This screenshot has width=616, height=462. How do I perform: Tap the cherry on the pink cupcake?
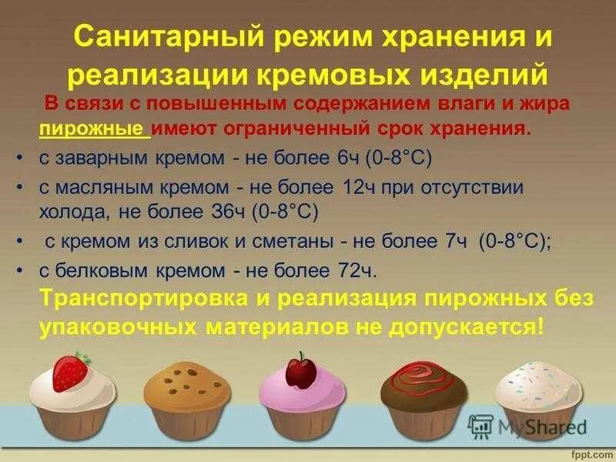pos(296,371)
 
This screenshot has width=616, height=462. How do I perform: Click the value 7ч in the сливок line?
pos(451,241)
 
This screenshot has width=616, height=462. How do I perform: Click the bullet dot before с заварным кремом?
pos(17,158)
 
